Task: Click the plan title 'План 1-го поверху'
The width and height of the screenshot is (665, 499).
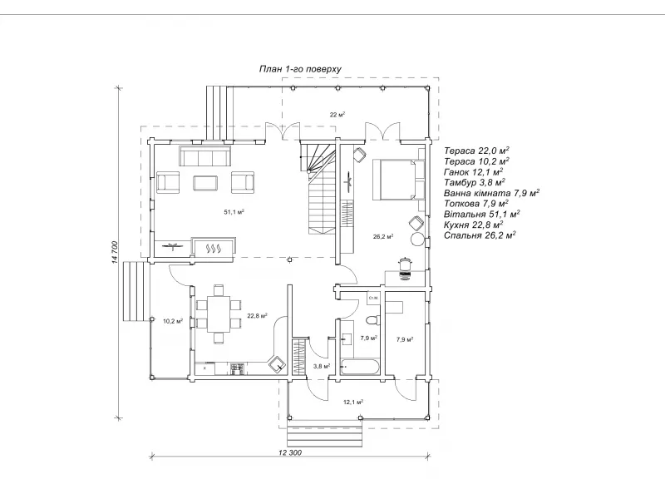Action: coord(300,69)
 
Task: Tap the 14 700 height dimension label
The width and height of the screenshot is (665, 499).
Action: coord(115,253)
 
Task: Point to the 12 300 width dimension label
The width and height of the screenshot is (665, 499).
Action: coord(290,452)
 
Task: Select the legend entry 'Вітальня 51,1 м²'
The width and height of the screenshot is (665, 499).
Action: coord(482,214)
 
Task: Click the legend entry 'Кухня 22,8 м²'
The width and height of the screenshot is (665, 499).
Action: coord(473,224)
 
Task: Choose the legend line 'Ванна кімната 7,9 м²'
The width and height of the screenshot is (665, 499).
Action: coord(491,193)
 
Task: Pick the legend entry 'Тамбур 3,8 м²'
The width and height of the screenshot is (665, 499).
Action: coord(474,182)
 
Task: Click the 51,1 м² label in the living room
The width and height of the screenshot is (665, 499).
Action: coord(234,212)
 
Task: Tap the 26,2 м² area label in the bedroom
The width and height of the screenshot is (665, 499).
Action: coord(383,236)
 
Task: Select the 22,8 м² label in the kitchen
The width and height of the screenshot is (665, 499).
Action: coord(257,316)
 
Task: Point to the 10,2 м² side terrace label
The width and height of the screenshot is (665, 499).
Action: coord(173,321)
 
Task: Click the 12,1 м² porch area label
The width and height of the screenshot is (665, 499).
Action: coord(353,402)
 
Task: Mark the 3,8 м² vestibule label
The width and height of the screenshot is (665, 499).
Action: coord(322,366)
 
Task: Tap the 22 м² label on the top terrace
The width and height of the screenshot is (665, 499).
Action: coord(337,114)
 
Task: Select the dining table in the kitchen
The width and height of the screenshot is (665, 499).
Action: coord(219,314)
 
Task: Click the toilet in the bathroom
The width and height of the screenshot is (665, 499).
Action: coord(372,319)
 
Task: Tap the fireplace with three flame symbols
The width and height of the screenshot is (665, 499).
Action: coord(214,247)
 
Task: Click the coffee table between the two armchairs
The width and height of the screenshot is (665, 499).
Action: coord(205,183)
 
